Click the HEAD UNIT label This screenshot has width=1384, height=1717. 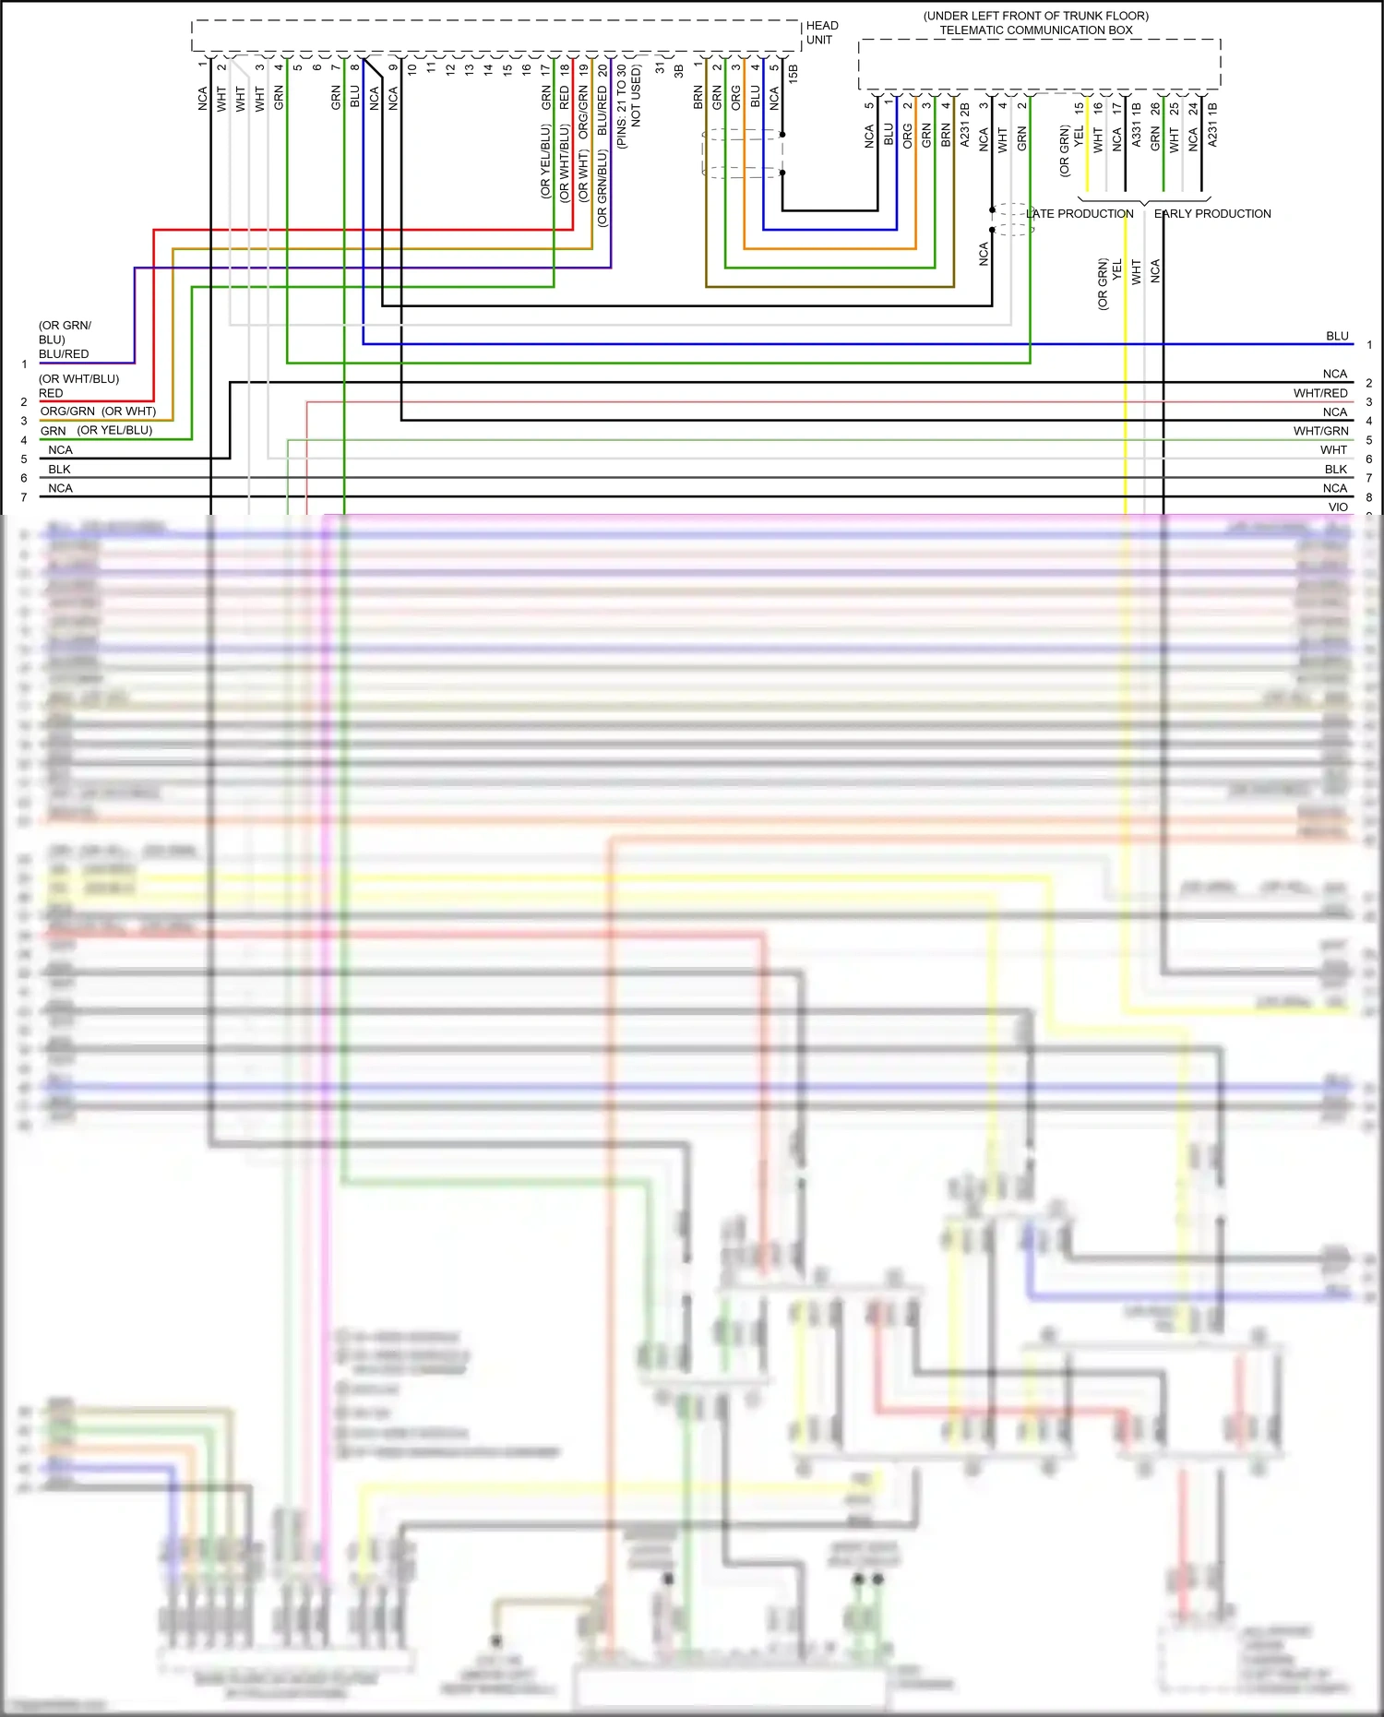[821, 32]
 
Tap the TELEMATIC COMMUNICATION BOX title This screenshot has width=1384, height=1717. [1036, 30]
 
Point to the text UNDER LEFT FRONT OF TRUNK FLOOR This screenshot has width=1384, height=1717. [1036, 16]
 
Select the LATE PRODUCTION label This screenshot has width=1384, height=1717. [1080, 214]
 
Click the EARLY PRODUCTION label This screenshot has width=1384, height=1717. [1212, 214]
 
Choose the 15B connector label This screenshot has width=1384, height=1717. [793, 74]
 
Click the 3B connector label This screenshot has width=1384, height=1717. [679, 70]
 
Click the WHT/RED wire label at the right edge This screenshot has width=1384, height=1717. [1320, 393]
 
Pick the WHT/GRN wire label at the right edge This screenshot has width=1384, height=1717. [1320, 431]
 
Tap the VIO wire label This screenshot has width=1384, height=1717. [1338, 507]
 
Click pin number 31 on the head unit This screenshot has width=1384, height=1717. [661, 67]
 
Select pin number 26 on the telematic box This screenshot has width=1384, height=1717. [1155, 108]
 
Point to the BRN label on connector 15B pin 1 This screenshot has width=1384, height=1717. [698, 97]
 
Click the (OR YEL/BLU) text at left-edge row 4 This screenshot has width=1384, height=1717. [114, 431]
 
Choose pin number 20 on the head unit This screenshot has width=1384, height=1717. [603, 69]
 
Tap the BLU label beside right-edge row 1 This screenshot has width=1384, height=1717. [1337, 337]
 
